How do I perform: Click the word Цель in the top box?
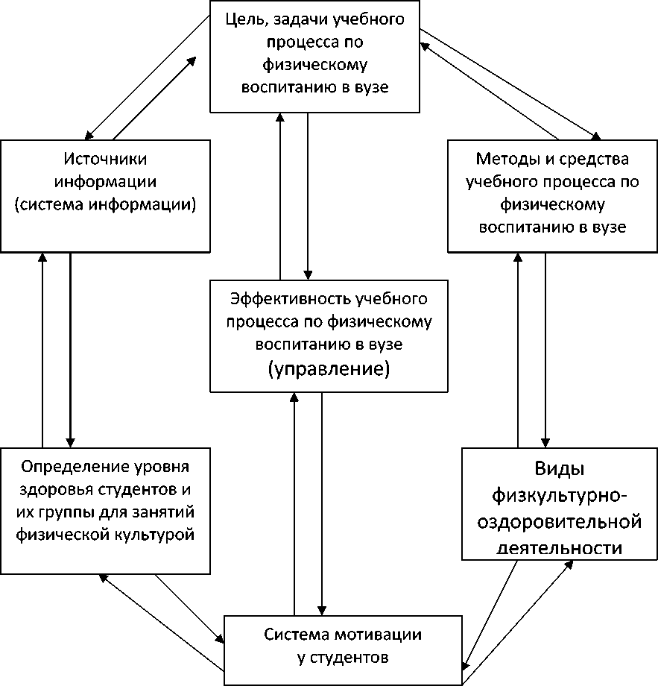click(244, 19)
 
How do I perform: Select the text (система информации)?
click(104, 205)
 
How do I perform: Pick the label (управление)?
click(329, 368)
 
